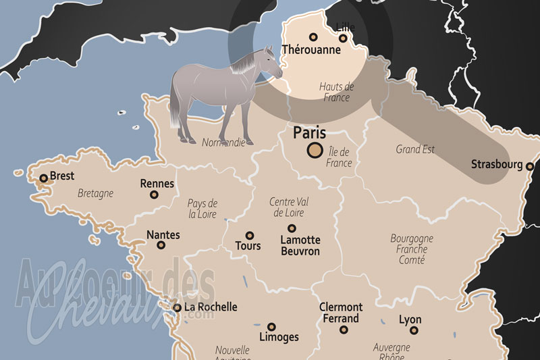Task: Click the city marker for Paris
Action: [x=315, y=151]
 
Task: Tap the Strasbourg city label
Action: [x=497, y=164]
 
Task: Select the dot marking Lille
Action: [x=343, y=38]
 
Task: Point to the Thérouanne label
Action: [x=311, y=50]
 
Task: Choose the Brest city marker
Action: [x=44, y=178]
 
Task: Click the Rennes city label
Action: [x=157, y=183]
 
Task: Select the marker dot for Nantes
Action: [x=161, y=245]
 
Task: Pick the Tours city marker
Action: [x=249, y=236]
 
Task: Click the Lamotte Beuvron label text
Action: [x=300, y=245]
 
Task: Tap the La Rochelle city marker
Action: [x=177, y=307]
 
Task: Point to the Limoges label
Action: [x=279, y=337]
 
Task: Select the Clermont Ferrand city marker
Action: [x=344, y=330]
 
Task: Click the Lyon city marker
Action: [x=414, y=330]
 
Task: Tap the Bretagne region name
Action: [x=95, y=193]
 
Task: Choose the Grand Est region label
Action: [x=415, y=149]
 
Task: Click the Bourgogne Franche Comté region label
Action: [x=412, y=249]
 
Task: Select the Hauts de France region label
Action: [x=336, y=92]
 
